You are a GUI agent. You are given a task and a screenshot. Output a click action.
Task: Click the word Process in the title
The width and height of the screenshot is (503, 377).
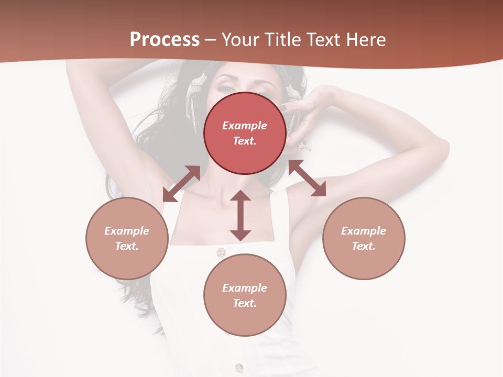click(165, 40)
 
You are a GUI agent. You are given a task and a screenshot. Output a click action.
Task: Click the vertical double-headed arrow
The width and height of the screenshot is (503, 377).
click(240, 215)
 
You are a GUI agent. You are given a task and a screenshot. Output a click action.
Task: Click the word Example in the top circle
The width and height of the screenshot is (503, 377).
click(245, 126)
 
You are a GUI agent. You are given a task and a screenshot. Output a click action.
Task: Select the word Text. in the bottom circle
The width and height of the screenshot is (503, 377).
click(245, 303)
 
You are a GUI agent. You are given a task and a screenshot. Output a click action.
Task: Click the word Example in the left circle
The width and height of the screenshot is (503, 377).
click(127, 231)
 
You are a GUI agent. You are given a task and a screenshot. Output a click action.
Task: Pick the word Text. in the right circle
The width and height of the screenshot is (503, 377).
click(364, 246)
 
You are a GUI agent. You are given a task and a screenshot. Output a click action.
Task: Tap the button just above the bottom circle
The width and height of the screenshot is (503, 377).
click(221, 252)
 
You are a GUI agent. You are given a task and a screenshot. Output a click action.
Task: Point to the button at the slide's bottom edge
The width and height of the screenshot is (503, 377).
click(239, 367)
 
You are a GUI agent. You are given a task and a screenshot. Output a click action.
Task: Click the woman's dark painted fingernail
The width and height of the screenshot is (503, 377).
click(283, 109)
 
